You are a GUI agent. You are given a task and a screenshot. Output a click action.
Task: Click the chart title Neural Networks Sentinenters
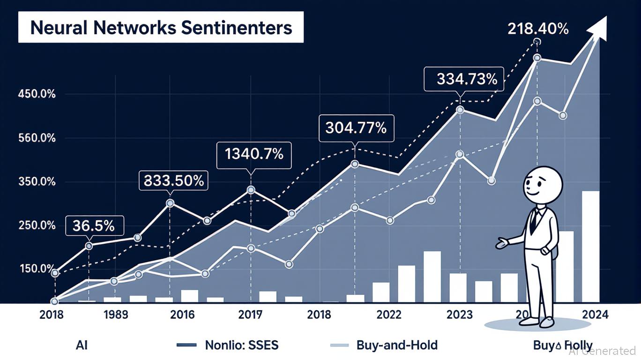click(161, 28)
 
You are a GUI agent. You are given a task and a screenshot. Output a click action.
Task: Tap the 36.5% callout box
click(94, 225)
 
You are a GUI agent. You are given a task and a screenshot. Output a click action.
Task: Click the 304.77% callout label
click(356, 127)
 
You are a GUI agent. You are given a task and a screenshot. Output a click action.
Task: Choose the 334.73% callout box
click(463, 79)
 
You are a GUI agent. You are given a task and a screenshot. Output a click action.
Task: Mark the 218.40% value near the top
click(538, 29)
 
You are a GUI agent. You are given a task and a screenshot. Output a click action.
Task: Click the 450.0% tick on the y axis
click(37, 94)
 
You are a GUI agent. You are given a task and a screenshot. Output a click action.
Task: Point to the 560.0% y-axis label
click(37, 138)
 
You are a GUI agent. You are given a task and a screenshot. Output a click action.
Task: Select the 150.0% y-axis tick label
click(37, 269)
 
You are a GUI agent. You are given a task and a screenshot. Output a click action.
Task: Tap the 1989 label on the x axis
click(116, 315)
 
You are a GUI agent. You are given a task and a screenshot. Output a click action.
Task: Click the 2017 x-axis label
click(250, 315)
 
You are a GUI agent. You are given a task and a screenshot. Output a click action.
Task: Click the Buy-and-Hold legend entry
click(397, 345)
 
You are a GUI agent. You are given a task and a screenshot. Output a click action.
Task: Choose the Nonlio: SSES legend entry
click(242, 345)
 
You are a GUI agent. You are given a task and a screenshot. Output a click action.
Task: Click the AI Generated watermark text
click(602, 351)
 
